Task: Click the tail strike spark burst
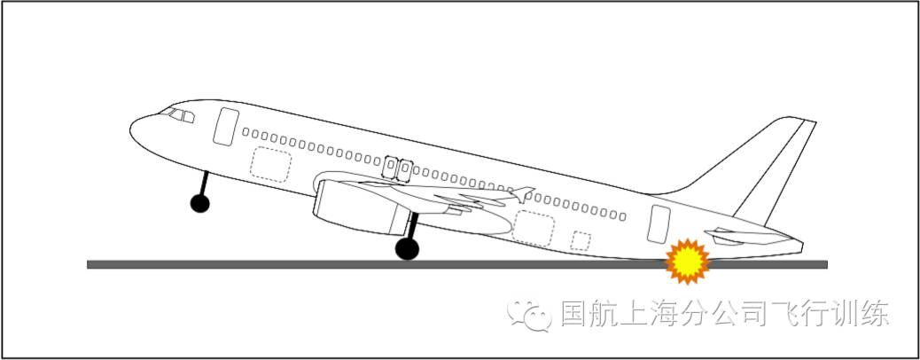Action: coord(689,261)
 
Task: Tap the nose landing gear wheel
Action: coord(200,204)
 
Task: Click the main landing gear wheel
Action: coord(407,249)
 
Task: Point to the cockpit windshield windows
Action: coord(180,114)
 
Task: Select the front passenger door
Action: coord(226,126)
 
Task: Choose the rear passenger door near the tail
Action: coord(659,223)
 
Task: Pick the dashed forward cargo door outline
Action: coord(270,164)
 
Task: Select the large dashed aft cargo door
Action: coord(534,228)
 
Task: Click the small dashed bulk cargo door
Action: coord(581,240)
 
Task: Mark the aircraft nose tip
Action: coord(131,131)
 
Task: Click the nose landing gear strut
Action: coord(205,184)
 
